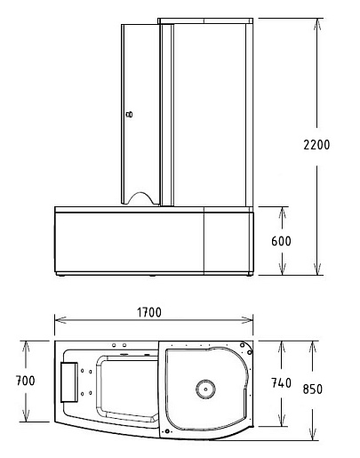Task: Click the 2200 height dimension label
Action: (316, 145)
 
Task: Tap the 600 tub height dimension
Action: (281, 241)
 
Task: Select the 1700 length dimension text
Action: (149, 312)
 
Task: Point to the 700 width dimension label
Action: (25, 381)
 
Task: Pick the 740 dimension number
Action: (281, 383)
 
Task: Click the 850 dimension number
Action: (313, 389)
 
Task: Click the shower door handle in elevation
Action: (129, 114)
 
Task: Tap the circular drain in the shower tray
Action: (205, 389)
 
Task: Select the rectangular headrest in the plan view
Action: (69, 382)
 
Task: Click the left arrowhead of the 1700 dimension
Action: (60, 320)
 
